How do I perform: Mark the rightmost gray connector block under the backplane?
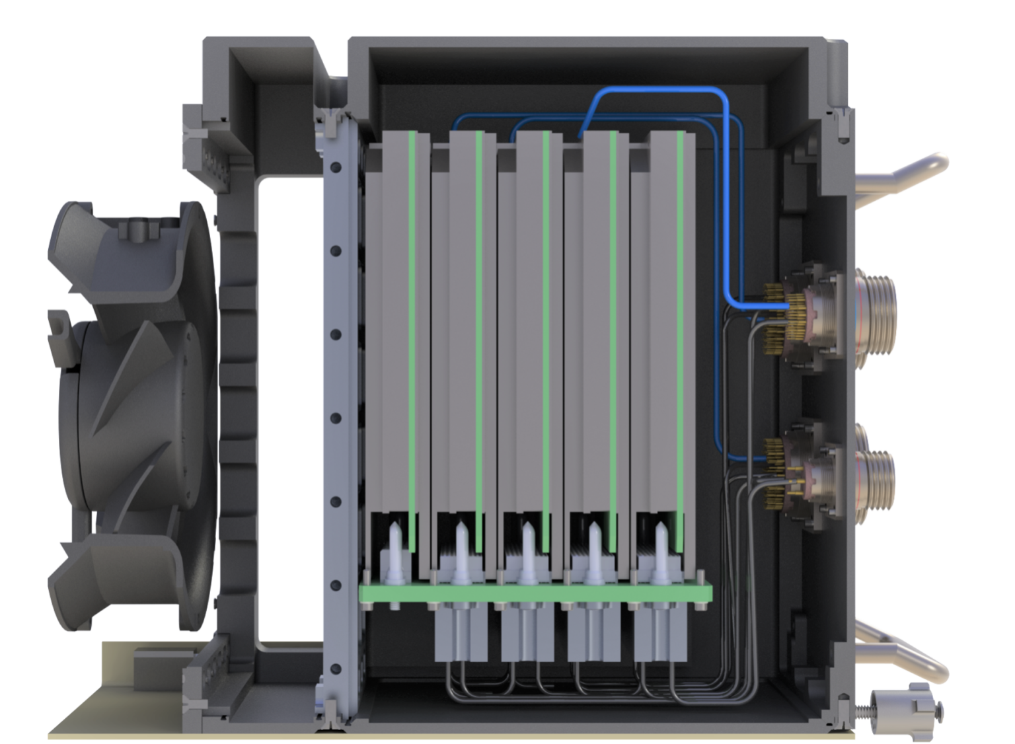point(657,634)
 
